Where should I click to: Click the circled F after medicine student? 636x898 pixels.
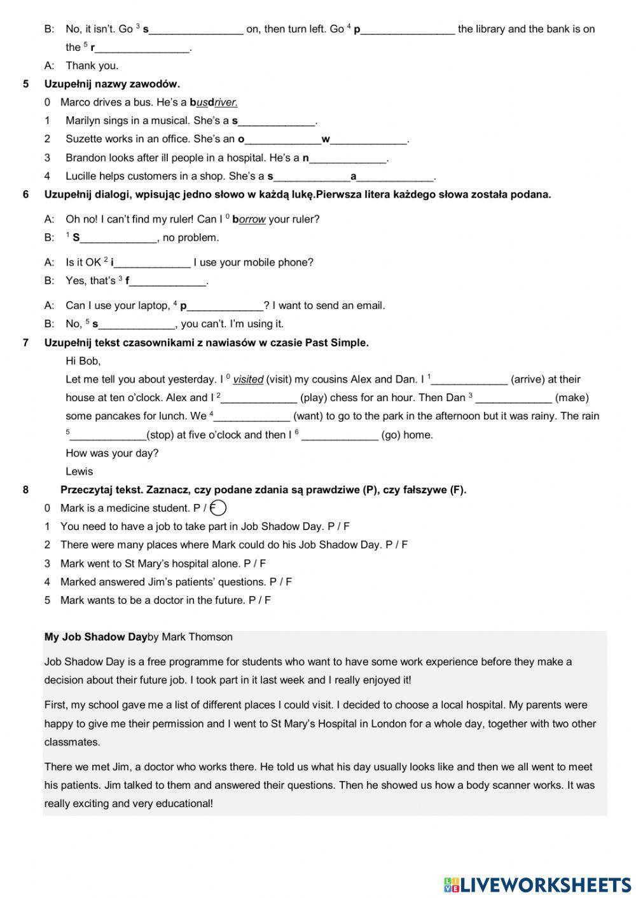pos(218,508)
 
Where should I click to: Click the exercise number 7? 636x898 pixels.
pos(25,343)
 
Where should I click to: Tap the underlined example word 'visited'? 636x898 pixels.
pos(248,379)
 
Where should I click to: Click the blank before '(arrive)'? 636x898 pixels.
pos(469,380)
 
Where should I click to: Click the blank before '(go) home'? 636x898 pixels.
pos(340,435)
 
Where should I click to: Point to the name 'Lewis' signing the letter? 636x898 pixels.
pos(79,472)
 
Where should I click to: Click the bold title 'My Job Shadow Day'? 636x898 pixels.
pos(95,637)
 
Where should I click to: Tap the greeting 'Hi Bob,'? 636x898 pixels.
pos(83,361)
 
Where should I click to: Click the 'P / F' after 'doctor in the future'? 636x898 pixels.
pos(259,600)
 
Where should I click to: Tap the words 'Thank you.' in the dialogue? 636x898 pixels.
pos(92,65)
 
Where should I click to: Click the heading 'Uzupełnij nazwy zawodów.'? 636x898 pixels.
pos(112,84)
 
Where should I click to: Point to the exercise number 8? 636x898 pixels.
pos(25,489)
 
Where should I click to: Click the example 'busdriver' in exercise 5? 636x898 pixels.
pos(213,102)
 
